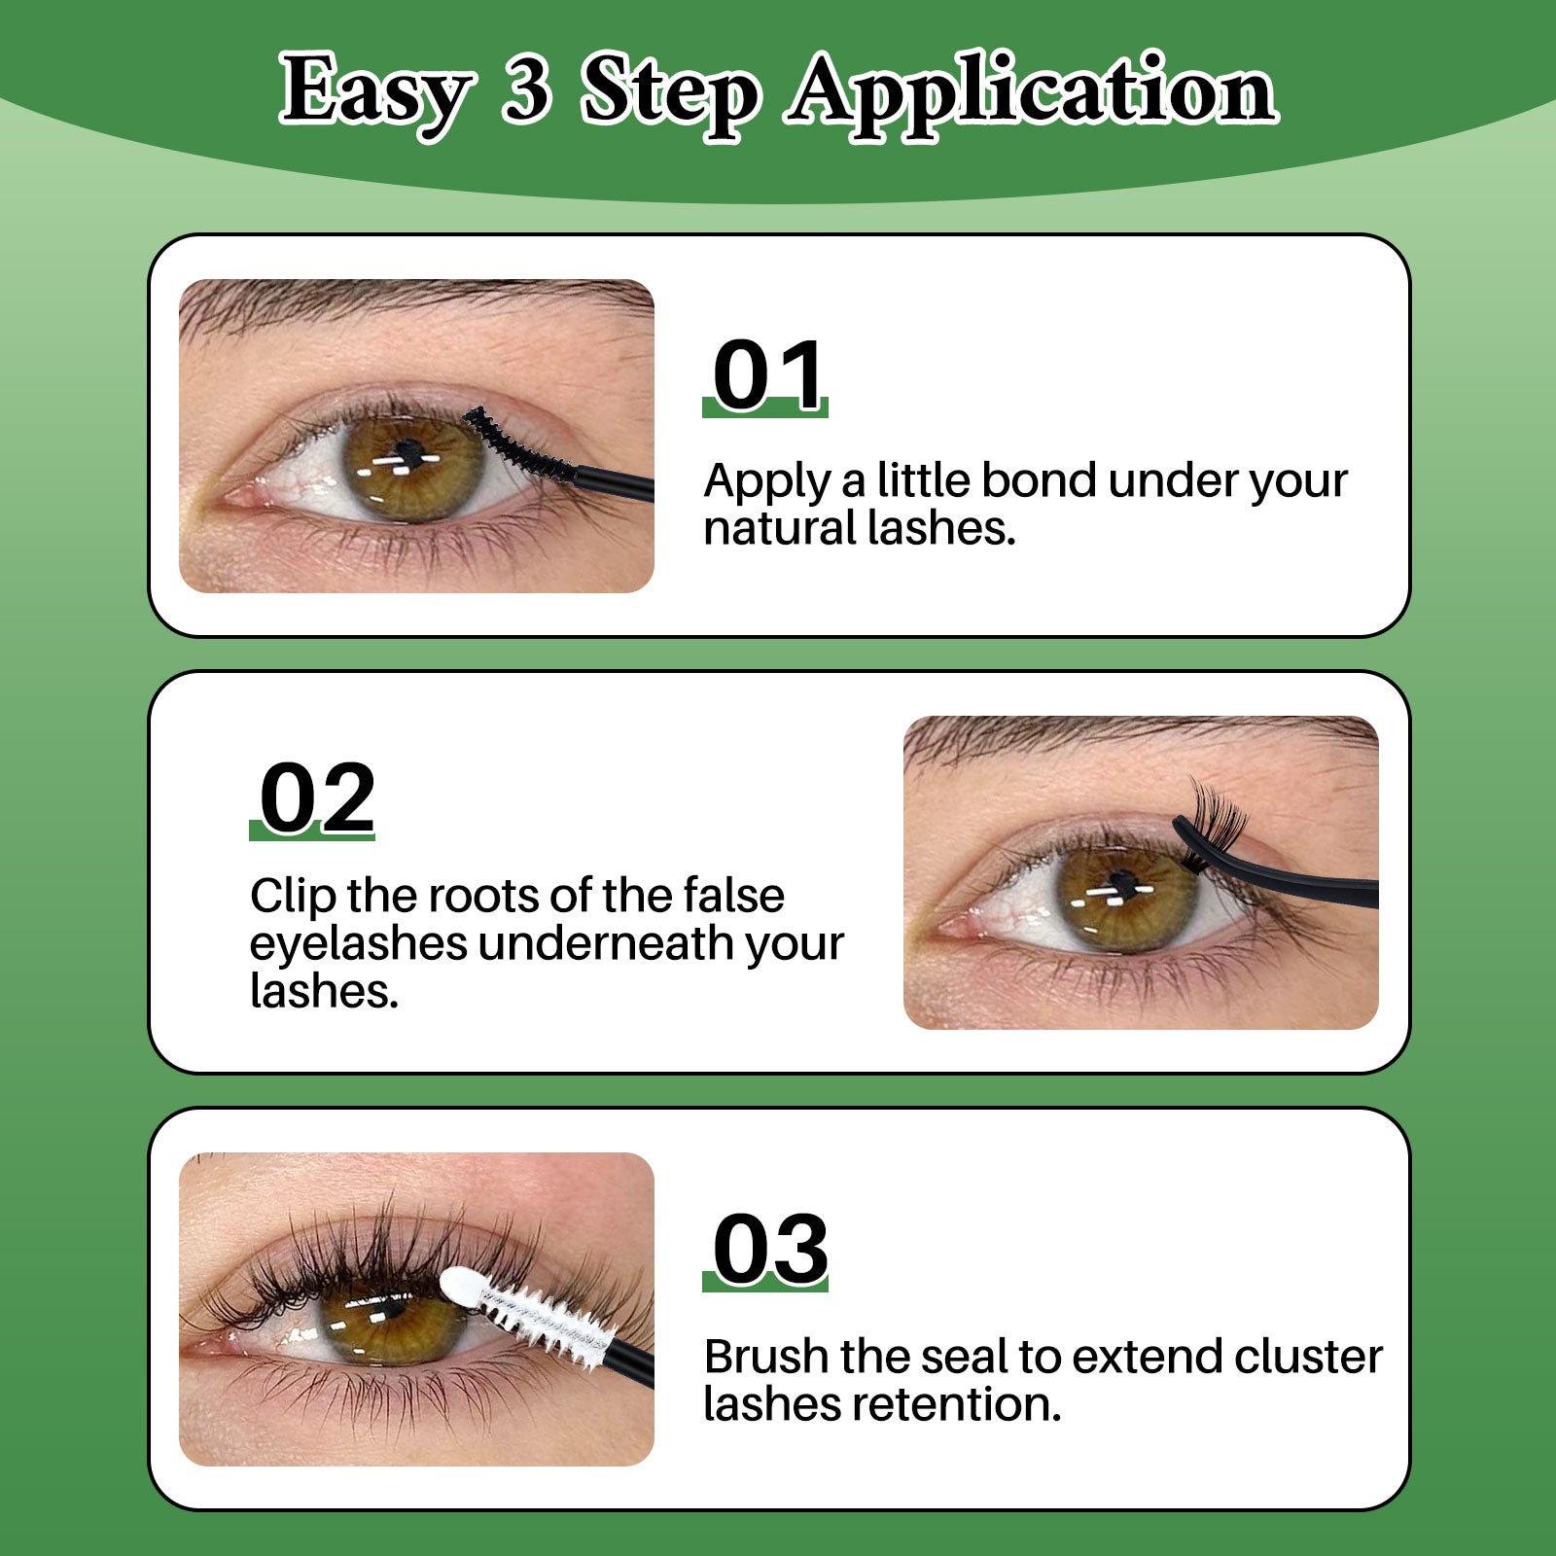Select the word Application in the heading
[x=1032, y=92]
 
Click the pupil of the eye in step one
[x=409, y=452]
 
